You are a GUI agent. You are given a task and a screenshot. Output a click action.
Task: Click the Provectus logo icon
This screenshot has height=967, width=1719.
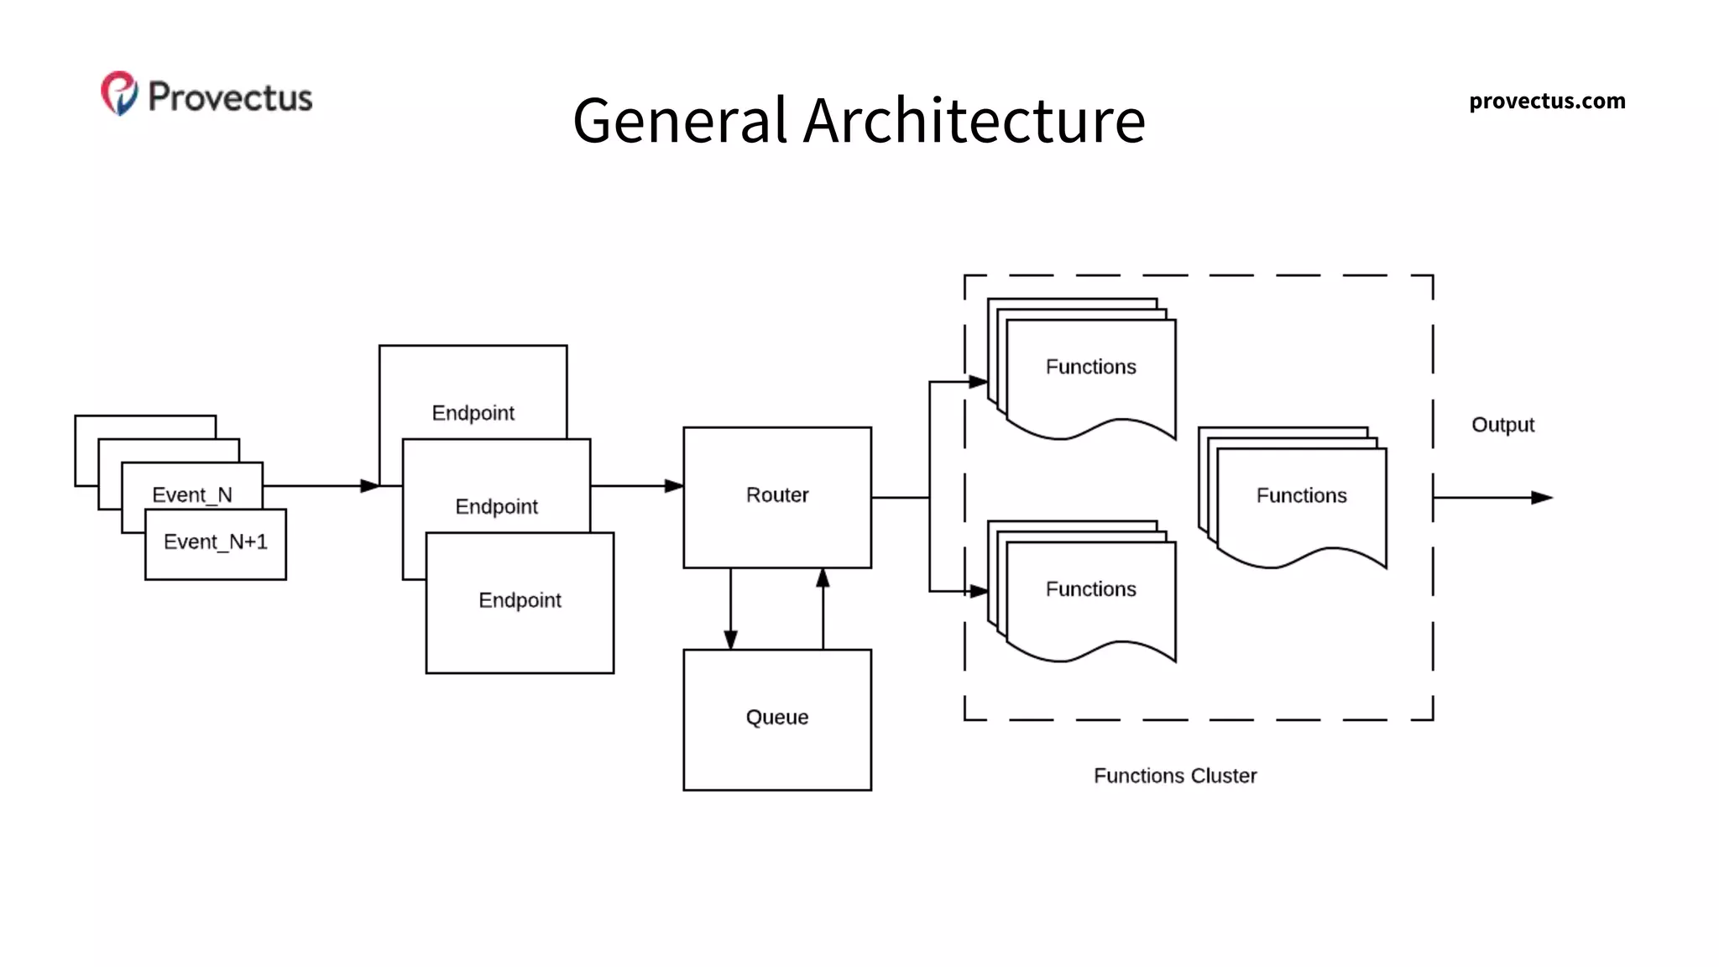119,93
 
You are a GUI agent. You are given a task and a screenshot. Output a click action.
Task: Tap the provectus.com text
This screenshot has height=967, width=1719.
1546,102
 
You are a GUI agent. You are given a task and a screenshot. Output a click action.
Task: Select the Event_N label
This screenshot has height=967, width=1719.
192,494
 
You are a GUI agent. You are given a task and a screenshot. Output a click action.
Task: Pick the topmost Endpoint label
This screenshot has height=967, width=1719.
473,413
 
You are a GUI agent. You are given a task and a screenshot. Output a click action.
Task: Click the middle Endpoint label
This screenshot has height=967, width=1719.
496,507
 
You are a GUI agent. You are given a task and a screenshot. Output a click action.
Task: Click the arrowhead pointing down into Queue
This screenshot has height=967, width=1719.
730,640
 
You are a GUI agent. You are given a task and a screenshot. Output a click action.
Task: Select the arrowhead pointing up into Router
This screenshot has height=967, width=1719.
823,578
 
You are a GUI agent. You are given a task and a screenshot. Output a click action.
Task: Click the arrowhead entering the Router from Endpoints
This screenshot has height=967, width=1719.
674,486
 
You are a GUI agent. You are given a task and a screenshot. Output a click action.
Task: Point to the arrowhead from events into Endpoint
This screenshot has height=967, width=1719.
369,486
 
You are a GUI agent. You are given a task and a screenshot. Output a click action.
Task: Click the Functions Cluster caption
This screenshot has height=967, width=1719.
1174,776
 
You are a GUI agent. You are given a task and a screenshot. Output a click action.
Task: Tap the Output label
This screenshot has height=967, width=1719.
1502,425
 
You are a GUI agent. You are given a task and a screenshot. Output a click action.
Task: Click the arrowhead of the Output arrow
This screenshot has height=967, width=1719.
1542,498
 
